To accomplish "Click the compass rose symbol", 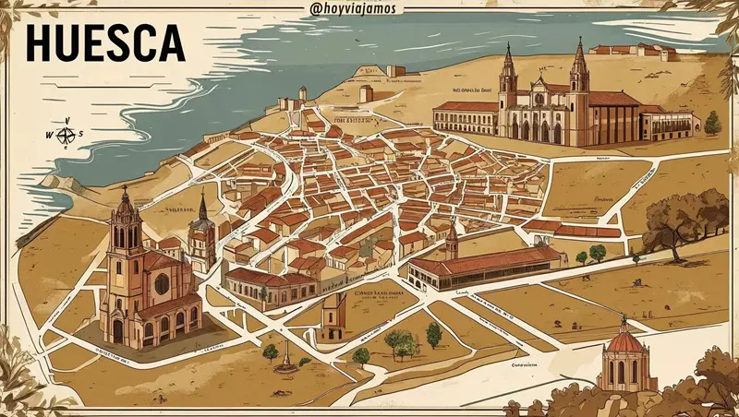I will pos(66,135).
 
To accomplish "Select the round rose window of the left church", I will pos(162,284).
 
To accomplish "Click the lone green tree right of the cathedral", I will pos(712,122).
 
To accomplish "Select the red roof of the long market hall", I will pos(490,259).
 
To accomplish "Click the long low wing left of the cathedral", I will pos(466,117).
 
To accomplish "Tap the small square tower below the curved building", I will pos(334,319).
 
